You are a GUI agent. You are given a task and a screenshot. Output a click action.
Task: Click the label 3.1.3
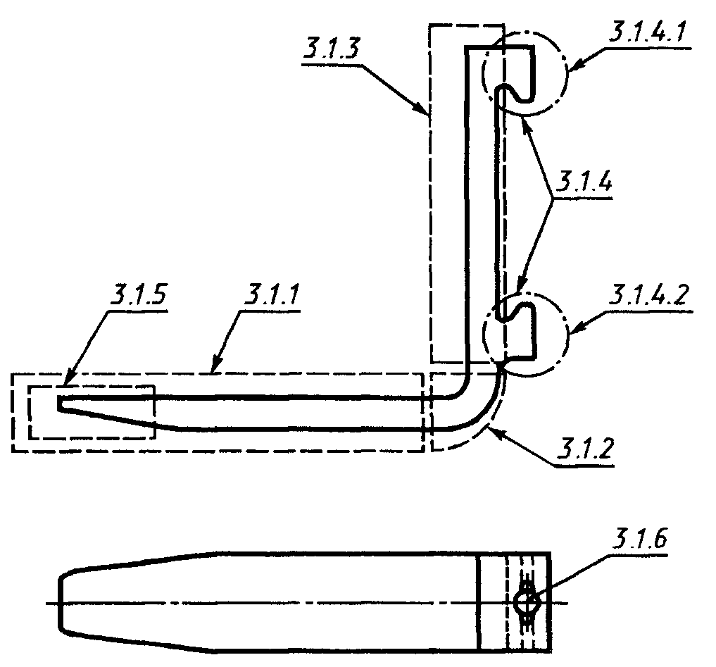point(332,48)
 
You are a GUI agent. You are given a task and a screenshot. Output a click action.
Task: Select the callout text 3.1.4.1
point(648,32)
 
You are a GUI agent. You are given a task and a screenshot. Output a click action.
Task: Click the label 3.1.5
point(138,294)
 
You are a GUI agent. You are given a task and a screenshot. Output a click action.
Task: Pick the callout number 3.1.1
point(271,294)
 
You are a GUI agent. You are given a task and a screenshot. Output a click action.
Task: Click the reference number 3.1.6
point(639,539)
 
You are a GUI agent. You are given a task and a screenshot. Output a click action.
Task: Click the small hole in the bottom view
point(527,603)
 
